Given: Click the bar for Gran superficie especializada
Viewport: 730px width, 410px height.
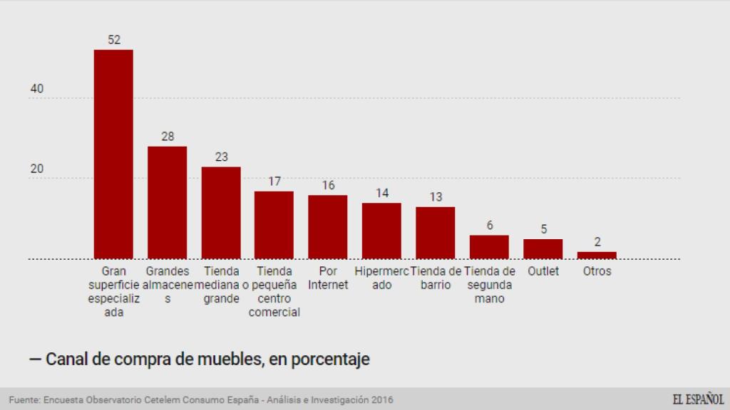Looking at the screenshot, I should [113, 154].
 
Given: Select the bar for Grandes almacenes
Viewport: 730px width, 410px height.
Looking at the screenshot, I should [167, 202].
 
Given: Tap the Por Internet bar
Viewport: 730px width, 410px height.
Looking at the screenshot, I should [328, 226].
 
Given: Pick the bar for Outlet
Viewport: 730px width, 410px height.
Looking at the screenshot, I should [543, 248].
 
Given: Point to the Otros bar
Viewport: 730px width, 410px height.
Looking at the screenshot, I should [597, 255].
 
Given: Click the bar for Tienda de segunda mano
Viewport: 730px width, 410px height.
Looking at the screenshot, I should [489, 246].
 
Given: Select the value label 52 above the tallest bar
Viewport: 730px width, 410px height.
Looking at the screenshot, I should [114, 40].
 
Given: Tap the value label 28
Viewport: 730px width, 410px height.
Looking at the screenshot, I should [168, 136].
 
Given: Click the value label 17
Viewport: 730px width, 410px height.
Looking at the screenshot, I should [274, 181].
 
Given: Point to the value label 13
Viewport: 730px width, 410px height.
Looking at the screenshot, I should [436, 196].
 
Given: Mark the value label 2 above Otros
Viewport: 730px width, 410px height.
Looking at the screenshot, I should [597, 241].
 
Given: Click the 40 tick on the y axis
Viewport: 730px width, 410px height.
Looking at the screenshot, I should [37, 89].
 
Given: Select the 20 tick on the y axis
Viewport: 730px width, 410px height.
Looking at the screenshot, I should [37, 169].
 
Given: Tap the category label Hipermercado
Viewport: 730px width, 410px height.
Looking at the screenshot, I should [382, 278].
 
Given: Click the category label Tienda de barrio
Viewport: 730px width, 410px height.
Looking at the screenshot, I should [436, 278].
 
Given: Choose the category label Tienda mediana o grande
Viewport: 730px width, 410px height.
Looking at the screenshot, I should [222, 285].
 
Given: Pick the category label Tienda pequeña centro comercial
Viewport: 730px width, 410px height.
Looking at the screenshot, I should [274, 292].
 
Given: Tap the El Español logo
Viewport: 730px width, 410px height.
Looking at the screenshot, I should [698, 399].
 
